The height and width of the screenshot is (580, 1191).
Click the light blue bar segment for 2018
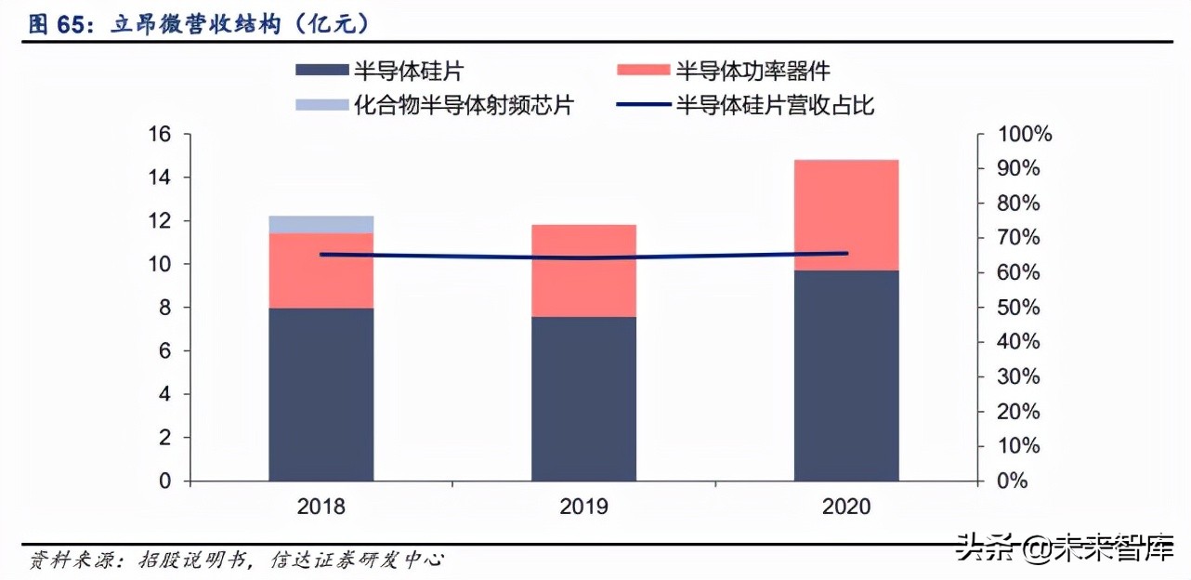[x=321, y=224]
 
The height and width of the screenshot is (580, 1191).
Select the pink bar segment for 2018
[x=321, y=270]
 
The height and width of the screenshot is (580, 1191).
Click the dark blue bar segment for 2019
[x=583, y=399]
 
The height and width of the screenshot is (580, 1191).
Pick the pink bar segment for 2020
[x=846, y=215]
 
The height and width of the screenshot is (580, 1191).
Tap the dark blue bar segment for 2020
[x=846, y=376]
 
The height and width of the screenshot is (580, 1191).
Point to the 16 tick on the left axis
[x=160, y=135]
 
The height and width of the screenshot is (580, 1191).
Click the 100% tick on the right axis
[x=1024, y=135]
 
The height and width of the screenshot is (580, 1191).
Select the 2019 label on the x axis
[x=583, y=507]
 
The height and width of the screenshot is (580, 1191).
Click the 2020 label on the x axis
[x=846, y=507]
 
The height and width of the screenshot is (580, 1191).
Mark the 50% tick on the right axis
[x=1019, y=308]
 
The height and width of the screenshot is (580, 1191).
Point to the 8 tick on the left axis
[x=165, y=308]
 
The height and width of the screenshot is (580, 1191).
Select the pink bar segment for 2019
[x=583, y=270]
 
